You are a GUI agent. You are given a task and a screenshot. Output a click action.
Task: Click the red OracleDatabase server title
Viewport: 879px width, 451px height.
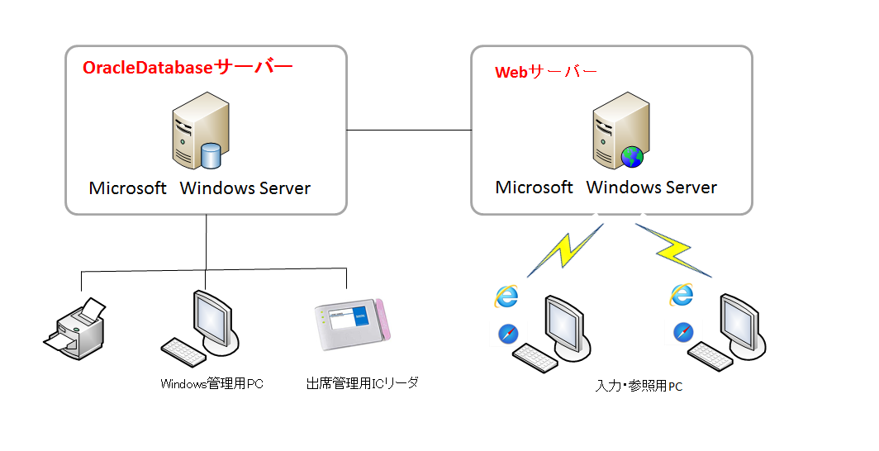pos(188,68)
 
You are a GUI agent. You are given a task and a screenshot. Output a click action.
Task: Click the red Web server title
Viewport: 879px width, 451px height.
pos(545,72)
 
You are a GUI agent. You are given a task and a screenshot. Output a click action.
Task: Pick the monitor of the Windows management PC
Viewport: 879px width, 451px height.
pos(212,318)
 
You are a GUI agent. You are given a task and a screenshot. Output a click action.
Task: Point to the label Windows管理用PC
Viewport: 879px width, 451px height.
pos(211,383)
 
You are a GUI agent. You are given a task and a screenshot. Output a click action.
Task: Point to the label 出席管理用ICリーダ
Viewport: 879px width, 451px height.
pos(363,383)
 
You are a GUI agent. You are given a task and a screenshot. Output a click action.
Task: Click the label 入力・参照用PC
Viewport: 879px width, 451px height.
pos(639,386)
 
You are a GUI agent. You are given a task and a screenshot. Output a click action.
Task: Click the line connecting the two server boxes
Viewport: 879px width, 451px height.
pos(408,130)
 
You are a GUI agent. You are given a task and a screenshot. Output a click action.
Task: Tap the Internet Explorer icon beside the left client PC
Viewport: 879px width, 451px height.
pos(506,297)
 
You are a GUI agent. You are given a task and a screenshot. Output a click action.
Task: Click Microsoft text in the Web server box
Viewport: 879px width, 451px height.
pos(534,188)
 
